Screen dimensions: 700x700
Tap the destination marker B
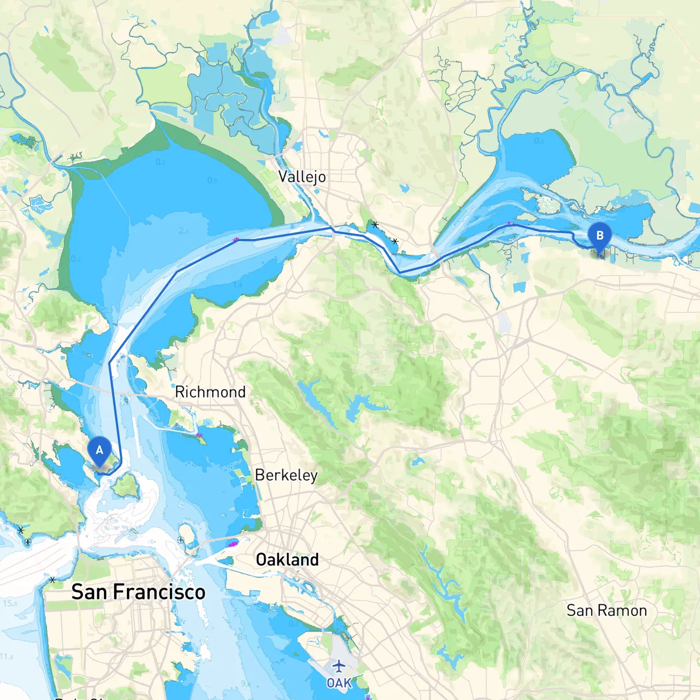tap(599, 236)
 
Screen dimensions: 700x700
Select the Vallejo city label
tap(302, 177)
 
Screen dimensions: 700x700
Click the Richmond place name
tap(210, 392)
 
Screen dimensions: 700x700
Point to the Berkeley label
tap(286, 475)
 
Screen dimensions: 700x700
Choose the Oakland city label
tap(287, 559)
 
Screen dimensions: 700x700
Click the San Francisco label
tap(138, 592)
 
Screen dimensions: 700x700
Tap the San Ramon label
tap(606, 610)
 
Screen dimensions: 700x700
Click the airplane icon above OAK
tap(339, 666)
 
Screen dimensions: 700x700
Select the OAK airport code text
tap(339, 683)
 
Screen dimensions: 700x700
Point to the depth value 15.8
tap(10, 603)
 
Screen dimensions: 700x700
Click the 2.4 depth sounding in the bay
tap(183, 231)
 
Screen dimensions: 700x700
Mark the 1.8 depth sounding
tap(238, 284)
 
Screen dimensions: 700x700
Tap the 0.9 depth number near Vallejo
tap(212, 180)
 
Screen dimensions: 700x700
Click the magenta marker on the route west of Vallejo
tap(236, 240)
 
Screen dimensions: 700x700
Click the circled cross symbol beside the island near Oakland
tap(180, 540)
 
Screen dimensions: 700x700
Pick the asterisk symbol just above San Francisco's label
tap(52, 580)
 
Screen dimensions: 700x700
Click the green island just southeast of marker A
tap(126, 485)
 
